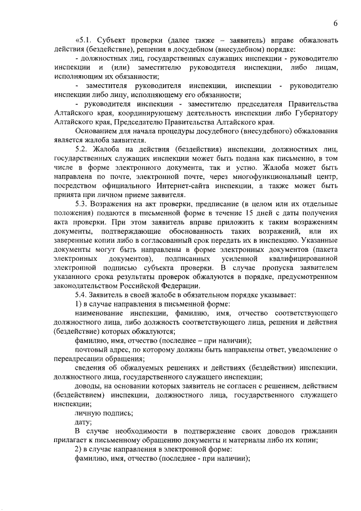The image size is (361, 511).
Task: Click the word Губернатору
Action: pyautogui.click(x=313, y=113)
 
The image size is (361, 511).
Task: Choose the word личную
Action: pyautogui.click(x=88, y=413)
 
